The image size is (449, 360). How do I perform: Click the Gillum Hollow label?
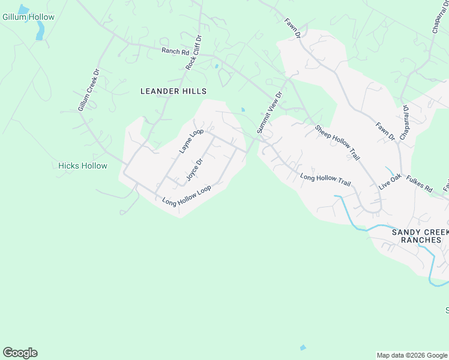coord(28,17)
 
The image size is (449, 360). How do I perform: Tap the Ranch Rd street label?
coord(175,52)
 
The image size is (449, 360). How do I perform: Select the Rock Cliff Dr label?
coord(194,53)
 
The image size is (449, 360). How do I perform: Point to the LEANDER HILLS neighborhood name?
coord(173,91)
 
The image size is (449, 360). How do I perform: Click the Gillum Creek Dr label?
coord(88,95)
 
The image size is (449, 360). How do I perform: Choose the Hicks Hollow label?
coord(83,166)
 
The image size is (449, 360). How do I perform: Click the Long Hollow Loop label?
coord(187,196)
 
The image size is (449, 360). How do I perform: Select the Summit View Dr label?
coord(269,113)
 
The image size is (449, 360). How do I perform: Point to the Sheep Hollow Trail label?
coord(337,143)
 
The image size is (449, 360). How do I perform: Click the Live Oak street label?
coord(390,182)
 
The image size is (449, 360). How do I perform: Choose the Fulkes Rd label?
coord(419,184)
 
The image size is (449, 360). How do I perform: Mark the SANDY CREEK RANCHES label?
coord(420,236)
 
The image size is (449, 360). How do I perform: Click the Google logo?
coord(20,353)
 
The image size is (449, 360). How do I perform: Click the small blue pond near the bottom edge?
coord(303,347)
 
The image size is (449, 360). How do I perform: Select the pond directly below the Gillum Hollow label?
coord(40,31)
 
